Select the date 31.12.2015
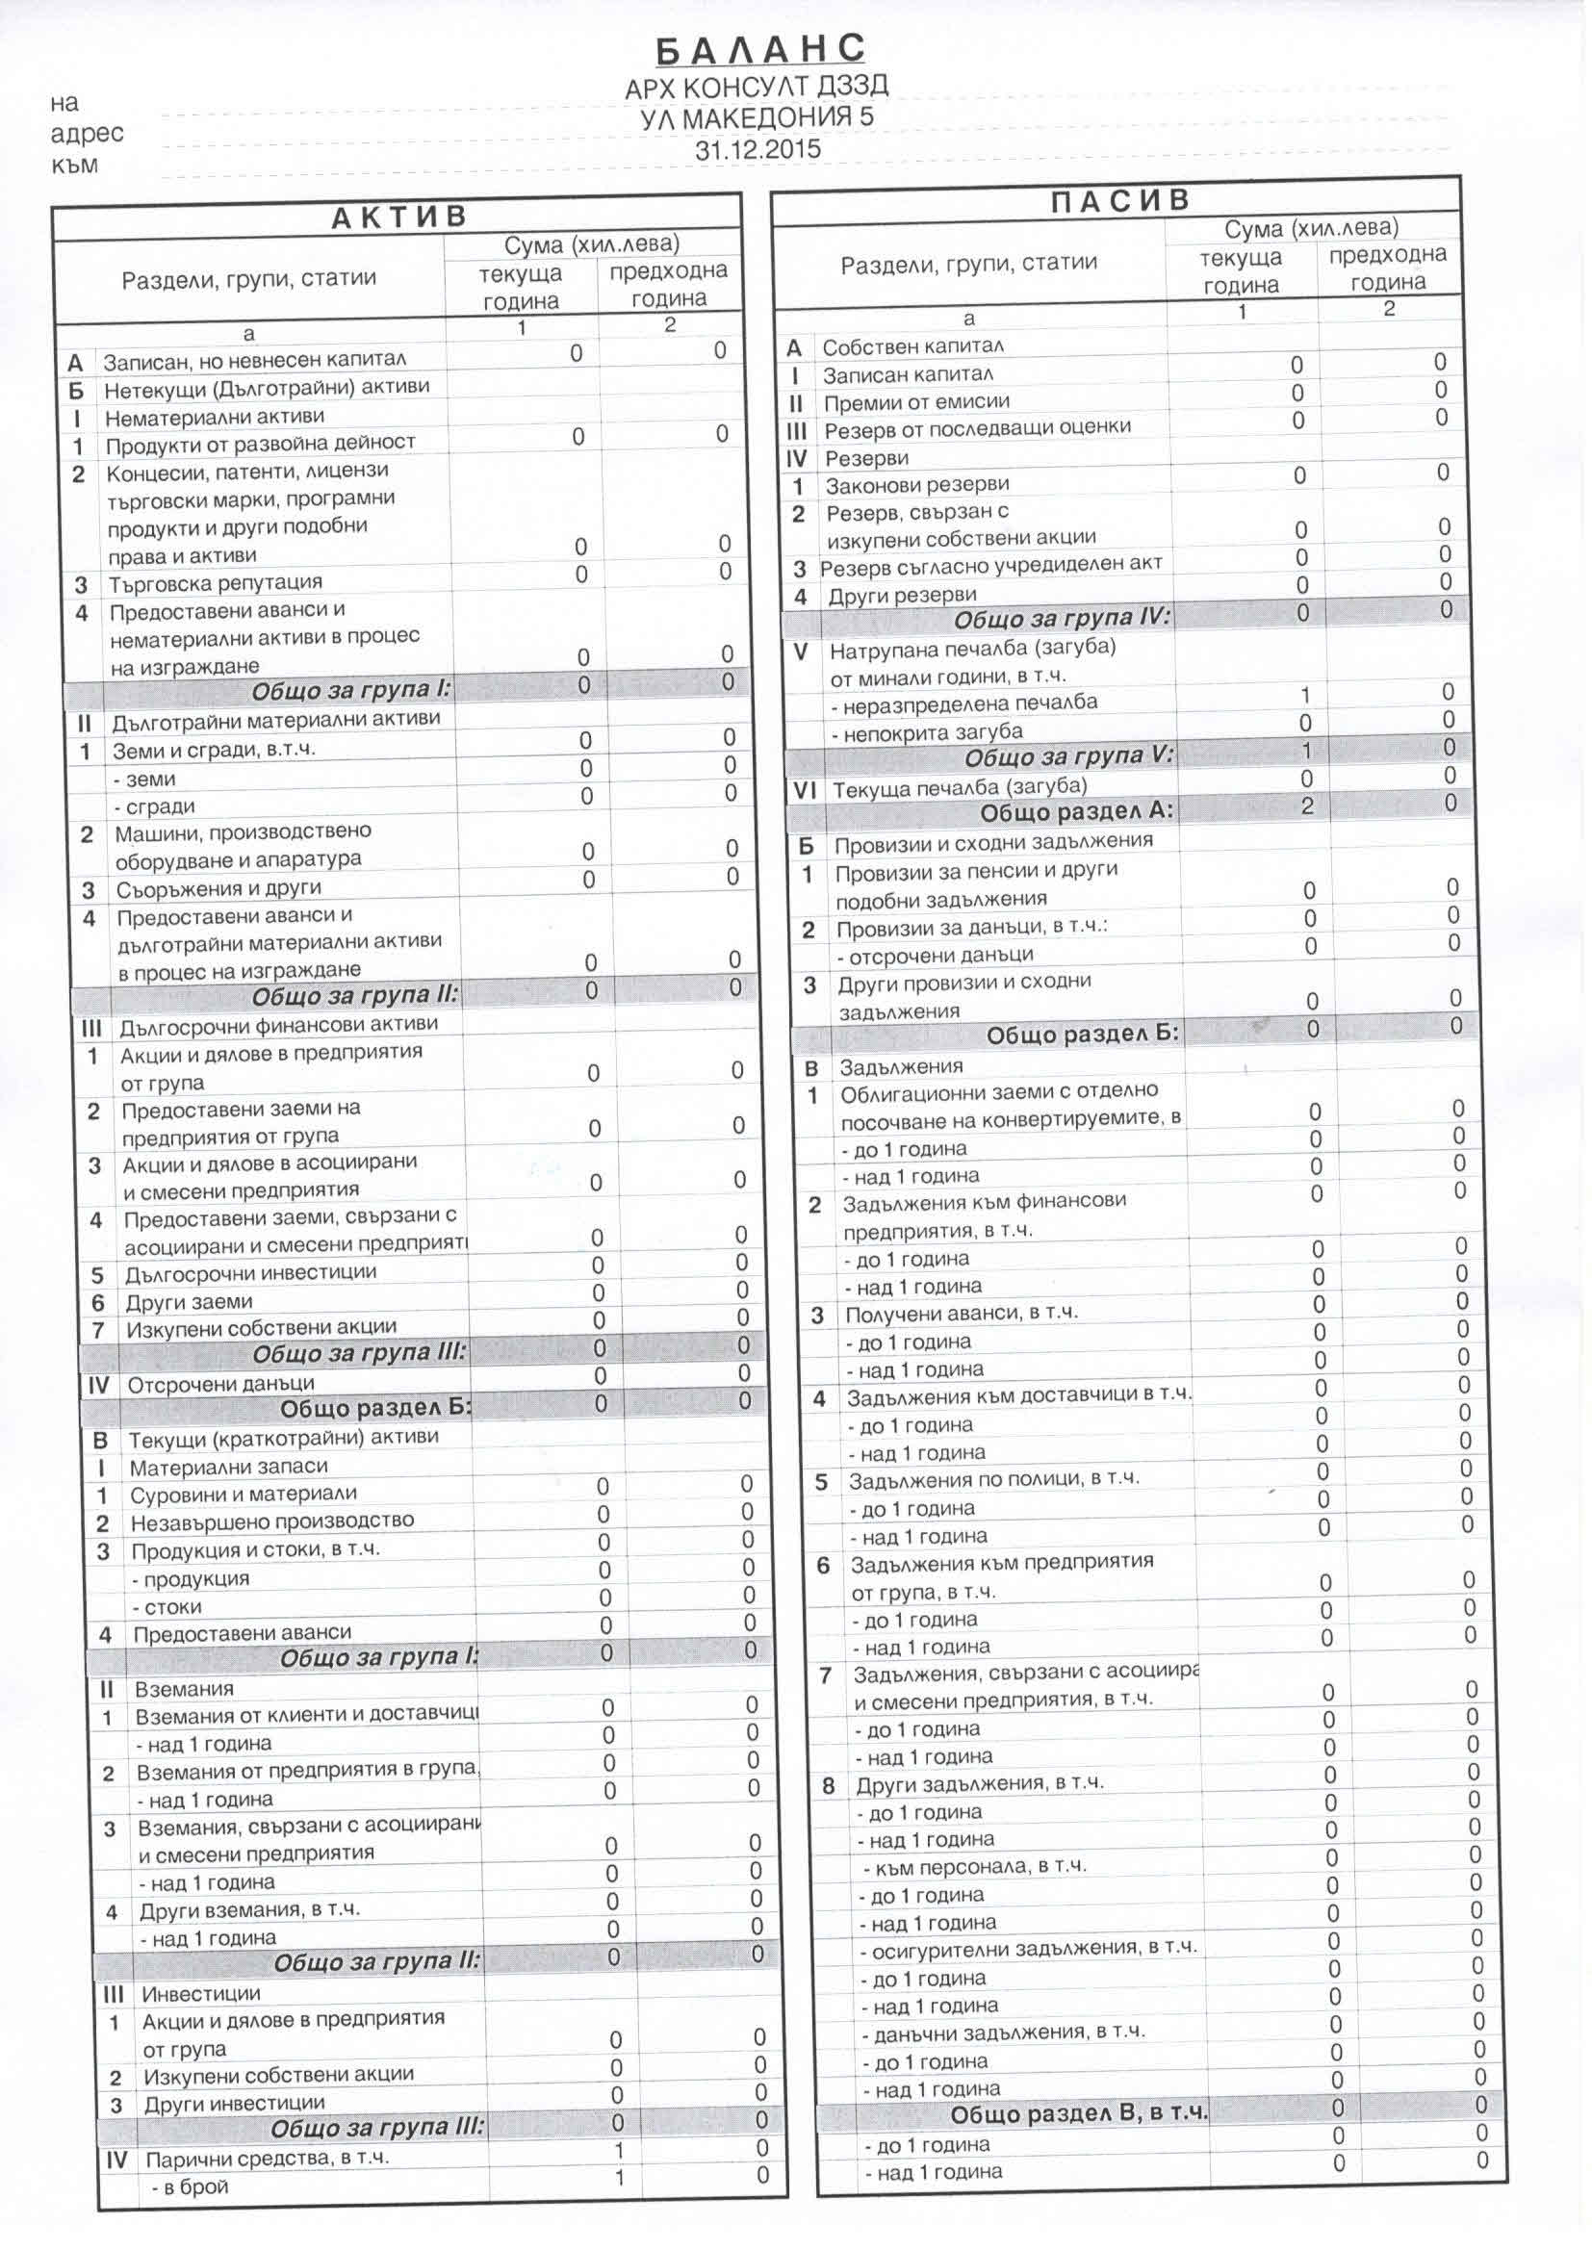pyautogui.click(x=757, y=150)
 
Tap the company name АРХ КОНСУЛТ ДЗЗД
pyautogui.click(x=757, y=89)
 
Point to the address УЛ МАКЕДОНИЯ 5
pyautogui.click(x=757, y=118)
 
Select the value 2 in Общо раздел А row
pyautogui.click(x=1307, y=806)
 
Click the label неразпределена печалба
pyautogui.click(x=963, y=703)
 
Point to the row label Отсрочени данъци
pyautogui.click(x=220, y=1384)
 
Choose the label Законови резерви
pyautogui.click(x=916, y=485)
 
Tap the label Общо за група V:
pyautogui.click(x=1068, y=757)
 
